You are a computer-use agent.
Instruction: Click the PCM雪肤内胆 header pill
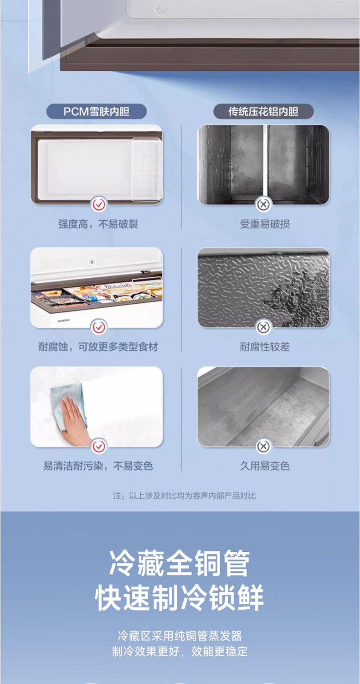97,111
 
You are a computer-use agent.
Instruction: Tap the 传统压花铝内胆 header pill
263,111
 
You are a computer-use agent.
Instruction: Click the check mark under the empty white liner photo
98,205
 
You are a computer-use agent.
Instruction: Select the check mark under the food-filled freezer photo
98,327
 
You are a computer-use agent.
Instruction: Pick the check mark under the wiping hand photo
98,446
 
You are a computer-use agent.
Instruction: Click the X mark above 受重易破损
263,205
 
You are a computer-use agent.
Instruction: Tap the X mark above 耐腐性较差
263,327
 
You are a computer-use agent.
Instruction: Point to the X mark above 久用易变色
263,446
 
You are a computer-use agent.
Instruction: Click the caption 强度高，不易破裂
98,224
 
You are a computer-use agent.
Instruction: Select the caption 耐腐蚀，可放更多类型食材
98,347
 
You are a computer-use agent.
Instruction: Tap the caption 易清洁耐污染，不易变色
98,466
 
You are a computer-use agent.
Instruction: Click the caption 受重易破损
264,224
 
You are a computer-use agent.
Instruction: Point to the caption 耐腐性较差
264,347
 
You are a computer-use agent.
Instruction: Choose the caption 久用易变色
264,466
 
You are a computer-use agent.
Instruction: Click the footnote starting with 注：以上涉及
184,496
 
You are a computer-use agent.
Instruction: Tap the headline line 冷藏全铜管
180,563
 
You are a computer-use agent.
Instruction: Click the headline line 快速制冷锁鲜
180,597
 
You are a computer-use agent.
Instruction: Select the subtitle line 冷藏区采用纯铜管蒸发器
180,636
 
